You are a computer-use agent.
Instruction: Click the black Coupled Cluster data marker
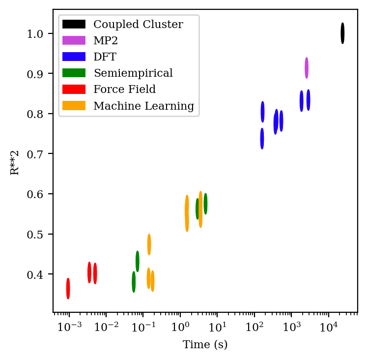[x=342, y=33]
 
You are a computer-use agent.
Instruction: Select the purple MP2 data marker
[x=307, y=68]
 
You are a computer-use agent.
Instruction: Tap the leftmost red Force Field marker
[x=68, y=288]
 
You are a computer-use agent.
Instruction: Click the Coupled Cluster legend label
[x=138, y=25]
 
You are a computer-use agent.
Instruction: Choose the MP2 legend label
[x=106, y=41]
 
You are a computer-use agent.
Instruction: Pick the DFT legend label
[x=105, y=57]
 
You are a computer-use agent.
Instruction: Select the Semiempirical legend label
[x=133, y=73]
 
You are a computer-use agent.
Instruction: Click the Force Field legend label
[x=124, y=90]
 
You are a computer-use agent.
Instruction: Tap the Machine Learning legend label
[x=143, y=106]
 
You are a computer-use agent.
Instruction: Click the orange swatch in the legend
[x=74, y=105]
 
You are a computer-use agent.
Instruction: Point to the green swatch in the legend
[x=74, y=73]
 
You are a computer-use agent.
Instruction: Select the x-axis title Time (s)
[x=205, y=345]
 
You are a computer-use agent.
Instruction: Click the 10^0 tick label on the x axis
[x=180, y=327]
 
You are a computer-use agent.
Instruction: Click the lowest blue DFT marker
[x=262, y=139]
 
